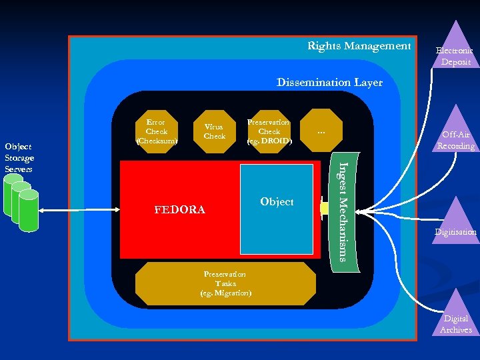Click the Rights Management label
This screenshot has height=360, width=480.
359,46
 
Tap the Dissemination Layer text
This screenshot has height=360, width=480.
329,83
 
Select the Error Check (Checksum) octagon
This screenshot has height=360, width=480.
156,131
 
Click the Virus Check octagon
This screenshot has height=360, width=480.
214,131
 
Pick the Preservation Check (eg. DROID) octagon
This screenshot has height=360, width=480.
269,131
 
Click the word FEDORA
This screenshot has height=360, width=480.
179,210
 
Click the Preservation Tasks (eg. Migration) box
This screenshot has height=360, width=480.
225,283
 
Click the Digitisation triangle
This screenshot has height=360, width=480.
455,223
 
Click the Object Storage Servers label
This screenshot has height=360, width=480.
19,157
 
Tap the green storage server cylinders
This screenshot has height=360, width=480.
20,203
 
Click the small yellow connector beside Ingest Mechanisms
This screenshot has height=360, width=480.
324,208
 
